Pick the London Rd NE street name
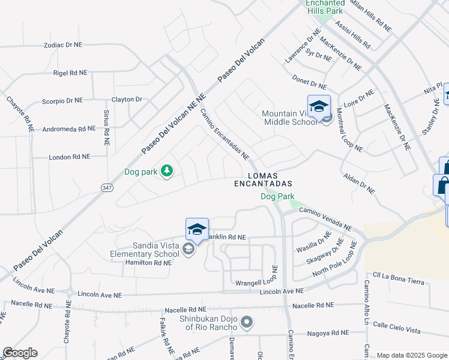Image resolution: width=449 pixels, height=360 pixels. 70,156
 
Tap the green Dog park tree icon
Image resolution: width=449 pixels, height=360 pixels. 166,172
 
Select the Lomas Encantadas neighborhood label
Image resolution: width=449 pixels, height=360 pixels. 263,179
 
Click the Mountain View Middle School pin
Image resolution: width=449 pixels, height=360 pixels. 319,106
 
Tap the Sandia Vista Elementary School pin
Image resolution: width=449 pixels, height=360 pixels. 197,229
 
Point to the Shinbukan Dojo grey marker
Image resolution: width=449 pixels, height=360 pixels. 246,323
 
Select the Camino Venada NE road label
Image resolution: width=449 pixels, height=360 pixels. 325,218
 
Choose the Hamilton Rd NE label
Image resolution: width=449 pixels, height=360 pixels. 149,263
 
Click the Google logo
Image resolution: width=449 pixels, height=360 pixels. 20,353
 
